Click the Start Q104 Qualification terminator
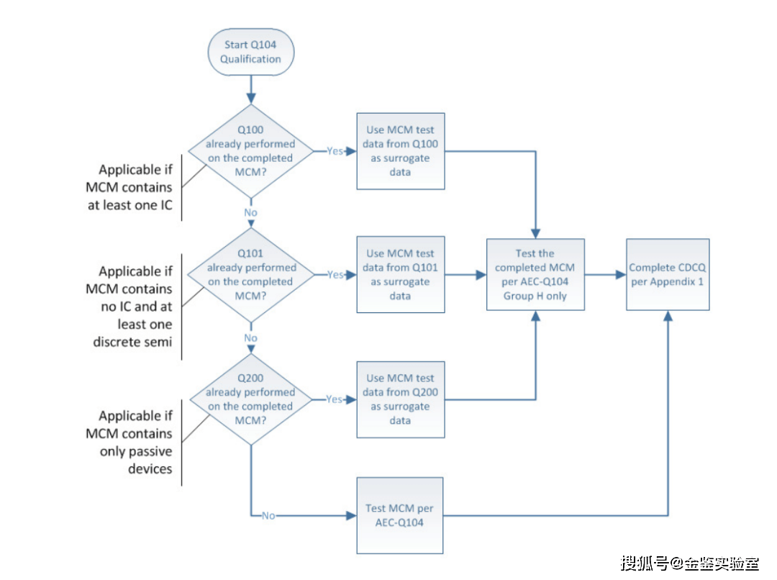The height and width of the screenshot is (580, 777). tap(250, 52)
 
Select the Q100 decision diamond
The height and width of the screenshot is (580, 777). tap(250, 150)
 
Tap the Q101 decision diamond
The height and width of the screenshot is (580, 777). tap(250, 274)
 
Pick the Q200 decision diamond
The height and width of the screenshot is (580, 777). tap(250, 399)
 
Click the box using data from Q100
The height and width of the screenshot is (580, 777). tap(401, 151)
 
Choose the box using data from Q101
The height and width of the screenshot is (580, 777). tap(401, 274)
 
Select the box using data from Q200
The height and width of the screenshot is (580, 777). tap(401, 399)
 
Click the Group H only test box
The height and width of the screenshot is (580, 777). tap(535, 274)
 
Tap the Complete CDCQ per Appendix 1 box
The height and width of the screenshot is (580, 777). tap(668, 274)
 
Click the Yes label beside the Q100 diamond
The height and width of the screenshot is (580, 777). tap(335, 151)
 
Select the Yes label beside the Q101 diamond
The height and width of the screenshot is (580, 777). tap(335, 275)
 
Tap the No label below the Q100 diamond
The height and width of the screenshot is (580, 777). tap(250, 213)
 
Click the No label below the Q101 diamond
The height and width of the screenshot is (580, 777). tap(250, 337)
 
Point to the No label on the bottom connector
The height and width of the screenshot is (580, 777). tap(268, 515)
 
